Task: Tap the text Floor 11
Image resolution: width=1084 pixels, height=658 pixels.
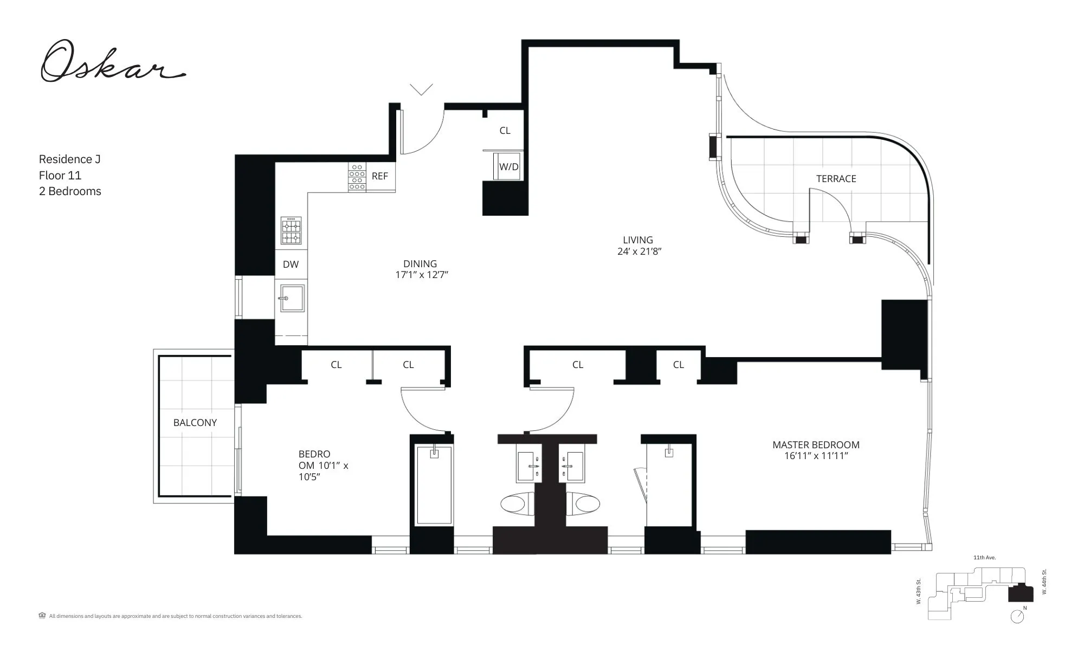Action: tap(60, 175)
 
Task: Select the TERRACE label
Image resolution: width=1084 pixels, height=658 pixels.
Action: tap(836, 179)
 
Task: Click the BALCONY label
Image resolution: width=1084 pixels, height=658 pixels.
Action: tap(195, 423)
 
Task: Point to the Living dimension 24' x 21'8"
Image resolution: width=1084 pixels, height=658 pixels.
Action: tap(639, 251)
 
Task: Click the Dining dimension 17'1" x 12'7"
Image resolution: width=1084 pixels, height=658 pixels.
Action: tap(421, 275)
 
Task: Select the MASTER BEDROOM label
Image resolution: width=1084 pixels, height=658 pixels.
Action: tap(816, 445)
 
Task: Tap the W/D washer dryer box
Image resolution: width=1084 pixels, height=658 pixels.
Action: tap(508, 167)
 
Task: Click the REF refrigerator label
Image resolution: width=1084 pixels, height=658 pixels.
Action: tap(379, 176)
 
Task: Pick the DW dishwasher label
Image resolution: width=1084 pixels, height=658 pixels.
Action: tap(291, 265)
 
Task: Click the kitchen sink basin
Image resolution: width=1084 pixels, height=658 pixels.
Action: tap(292, 298)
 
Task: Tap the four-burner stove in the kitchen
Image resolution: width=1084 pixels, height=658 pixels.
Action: tap(291, 231)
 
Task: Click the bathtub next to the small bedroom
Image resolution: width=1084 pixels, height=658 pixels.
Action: tap(434, 485)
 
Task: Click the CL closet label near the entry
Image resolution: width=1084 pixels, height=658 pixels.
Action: tap(505, 131)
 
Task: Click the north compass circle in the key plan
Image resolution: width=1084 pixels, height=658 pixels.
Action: tap(1017, 617)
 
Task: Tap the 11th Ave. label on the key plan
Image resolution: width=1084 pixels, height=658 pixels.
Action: tap(984, 558)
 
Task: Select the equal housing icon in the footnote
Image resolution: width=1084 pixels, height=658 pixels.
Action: tap(42, 615)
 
